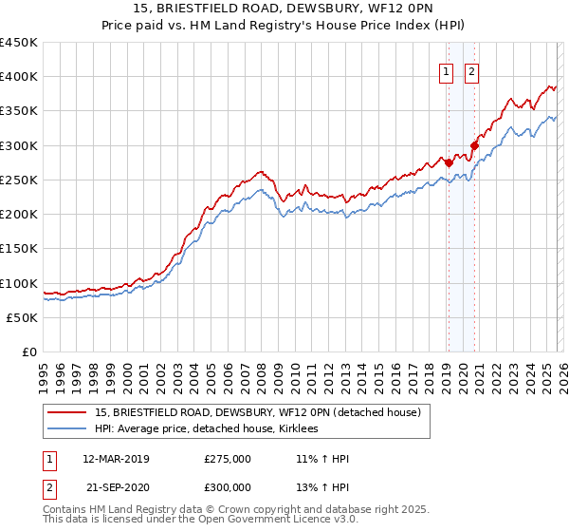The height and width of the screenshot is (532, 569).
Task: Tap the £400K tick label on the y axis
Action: [x=19, y=77]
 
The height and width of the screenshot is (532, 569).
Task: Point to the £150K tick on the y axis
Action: [x=19, y=249]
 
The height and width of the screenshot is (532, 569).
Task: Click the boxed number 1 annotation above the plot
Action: [x=446, y=69]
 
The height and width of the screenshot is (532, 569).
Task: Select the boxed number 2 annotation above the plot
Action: [x=471, y=69]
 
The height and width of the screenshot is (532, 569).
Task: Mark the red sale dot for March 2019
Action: [x=449, y=162]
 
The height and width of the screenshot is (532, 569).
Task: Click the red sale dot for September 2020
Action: [x=474, y=145]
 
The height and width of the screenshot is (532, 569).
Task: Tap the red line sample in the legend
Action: [x=67, y=412]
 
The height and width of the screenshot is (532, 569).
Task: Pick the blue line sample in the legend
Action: [x=67, y=428]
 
